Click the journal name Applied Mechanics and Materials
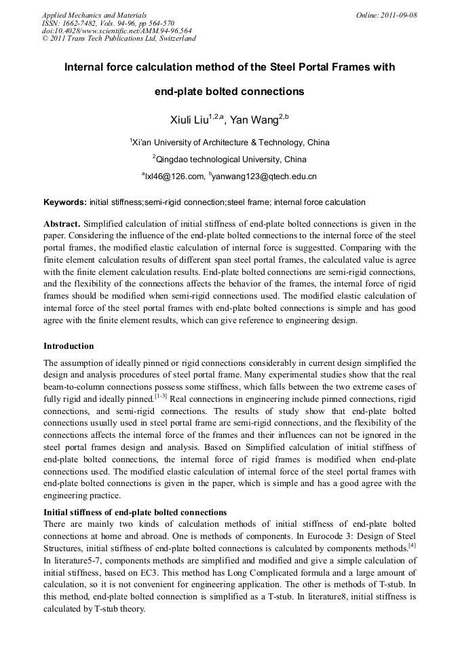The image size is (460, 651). (94, 14)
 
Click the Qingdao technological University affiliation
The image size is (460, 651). (231, 160)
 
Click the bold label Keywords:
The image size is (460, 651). (65, 202)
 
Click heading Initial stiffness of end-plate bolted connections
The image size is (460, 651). (135, 511)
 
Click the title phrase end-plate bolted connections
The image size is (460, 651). (229, 91)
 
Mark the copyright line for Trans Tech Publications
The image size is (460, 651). (119, 39)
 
